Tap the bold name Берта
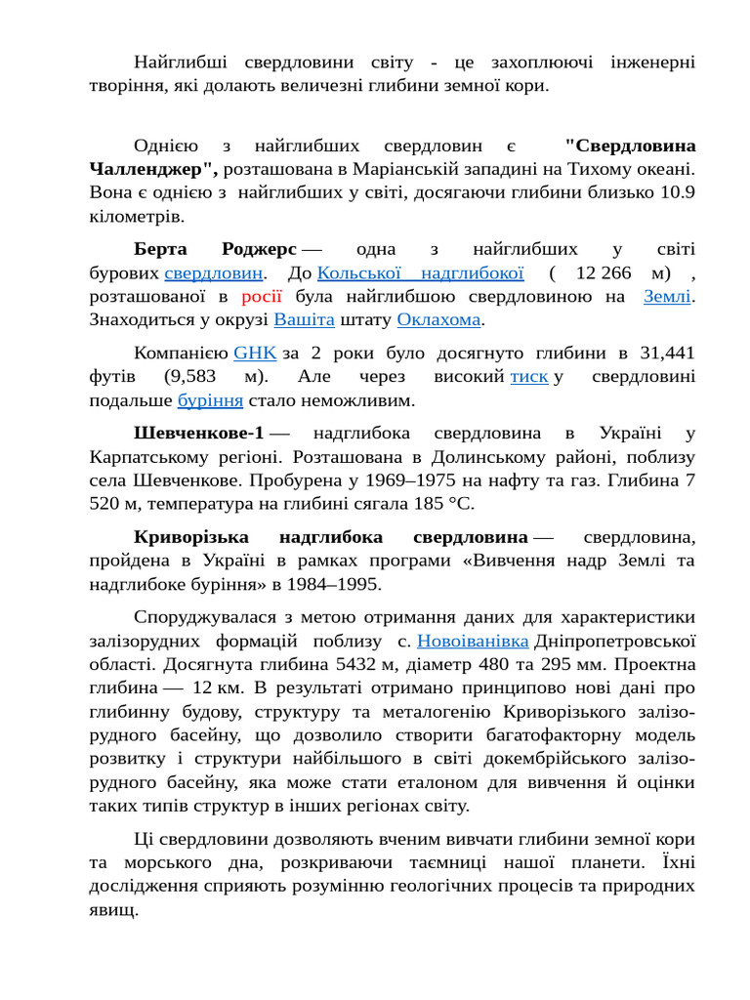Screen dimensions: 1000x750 tap(161, 249)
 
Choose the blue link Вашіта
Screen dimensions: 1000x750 tap(304, 319)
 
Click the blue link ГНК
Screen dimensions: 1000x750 tap(255, 353)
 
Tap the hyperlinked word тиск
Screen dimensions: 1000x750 tap(529, 376)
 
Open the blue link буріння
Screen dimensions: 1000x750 tap(210, 399)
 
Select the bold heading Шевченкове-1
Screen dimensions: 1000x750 tap(198, 433)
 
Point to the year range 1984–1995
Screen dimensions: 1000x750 tap(333, 584)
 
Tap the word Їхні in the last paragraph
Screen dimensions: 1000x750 tap(673, 863)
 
